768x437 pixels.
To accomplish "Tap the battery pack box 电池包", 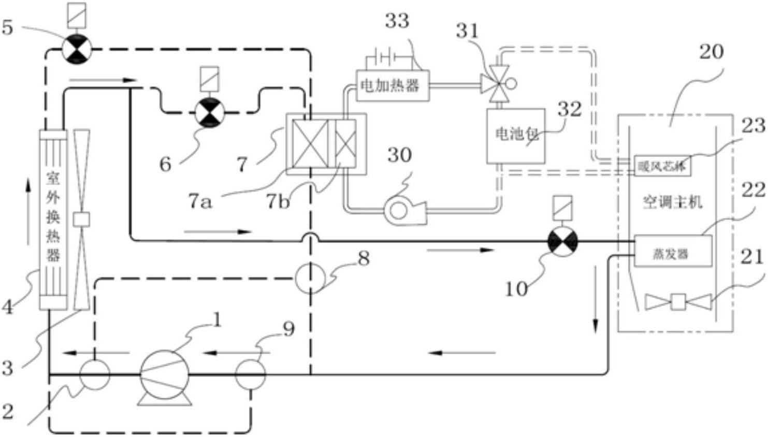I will pyautogui.click(x=515, y=136).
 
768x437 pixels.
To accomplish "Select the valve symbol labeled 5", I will pyautogui.click(x=77, y=50).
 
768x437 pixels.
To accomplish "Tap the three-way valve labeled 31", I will pyautogui.click(x=497, y=83).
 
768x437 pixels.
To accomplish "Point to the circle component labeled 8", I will pyautogui.click(x=310, y=278).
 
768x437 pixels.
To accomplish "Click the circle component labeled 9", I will pyautogui.click(x=251, y=374).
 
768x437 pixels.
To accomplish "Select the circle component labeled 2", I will pyautogui.click(x=95, y=374).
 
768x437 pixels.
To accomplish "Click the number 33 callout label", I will pyautogui.click(x=397, y=21).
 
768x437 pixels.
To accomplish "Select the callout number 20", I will pyautogui.click(x=711, y=52).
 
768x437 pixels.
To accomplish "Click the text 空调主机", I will pyautogui.click(x=672, y=201).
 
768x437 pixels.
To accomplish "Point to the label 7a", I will pyautogui.click(x=200, y=201).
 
